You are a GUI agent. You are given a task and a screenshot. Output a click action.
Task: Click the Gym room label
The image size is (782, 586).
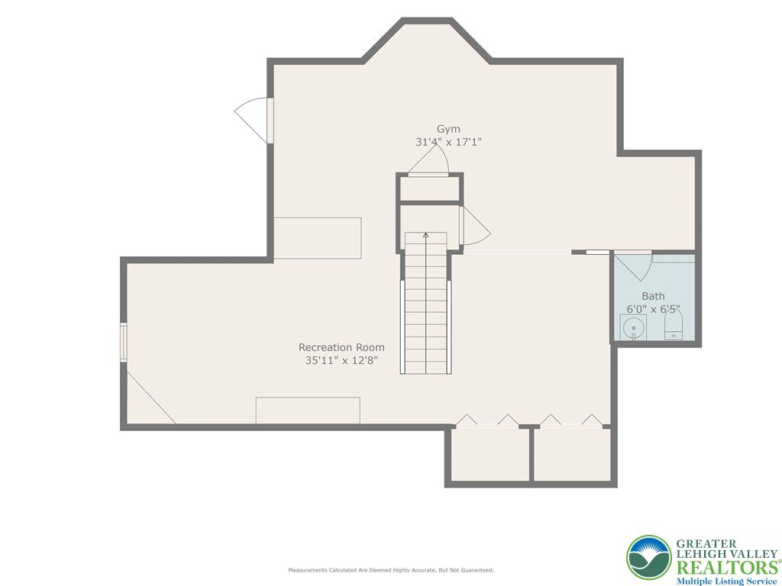click(448, 129)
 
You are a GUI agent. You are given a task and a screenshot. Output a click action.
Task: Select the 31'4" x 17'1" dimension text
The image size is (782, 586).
click(448, 142)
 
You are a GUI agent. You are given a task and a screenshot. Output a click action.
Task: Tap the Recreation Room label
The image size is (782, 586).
click(341, 347)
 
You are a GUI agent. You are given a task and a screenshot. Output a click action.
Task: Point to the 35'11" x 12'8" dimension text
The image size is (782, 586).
click(341, 360)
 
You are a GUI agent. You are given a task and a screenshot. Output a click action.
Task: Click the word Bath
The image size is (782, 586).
click(653, 296)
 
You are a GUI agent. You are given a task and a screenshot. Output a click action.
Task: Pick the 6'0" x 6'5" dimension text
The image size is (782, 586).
click(653, 309)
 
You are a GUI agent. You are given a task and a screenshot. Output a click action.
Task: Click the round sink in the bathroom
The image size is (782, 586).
click(632, 329)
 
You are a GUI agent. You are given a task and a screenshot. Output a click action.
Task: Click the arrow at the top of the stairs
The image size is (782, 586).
click(425, 236)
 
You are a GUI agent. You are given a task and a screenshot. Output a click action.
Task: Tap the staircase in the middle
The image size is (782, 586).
click(425, 305)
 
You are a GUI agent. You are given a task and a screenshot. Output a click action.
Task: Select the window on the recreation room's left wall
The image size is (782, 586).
click(123, 343)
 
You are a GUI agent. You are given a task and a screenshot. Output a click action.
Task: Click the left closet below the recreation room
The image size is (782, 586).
click(489, 455)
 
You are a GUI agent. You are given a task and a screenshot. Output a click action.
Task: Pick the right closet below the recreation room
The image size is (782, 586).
click(572, 455)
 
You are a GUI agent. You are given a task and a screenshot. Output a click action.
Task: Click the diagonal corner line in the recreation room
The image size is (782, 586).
click(150, 398)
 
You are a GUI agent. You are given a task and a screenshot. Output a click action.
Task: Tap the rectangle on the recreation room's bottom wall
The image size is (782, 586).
click(308, 410)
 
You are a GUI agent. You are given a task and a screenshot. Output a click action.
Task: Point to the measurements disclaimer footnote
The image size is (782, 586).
click(390, 570)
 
